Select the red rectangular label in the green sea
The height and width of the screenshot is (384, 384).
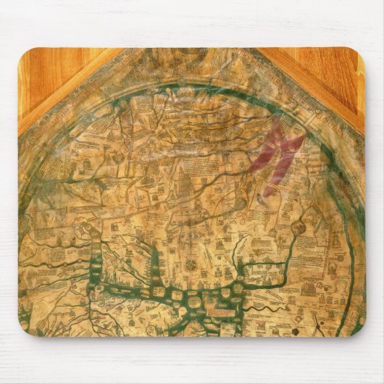pos(220,312)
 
